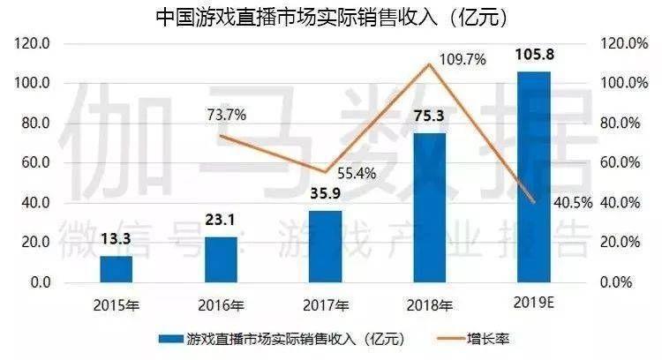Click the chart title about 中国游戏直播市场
(x=330, y=17)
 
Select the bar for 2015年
(x=116, y=269)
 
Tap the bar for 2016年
(x=221, y=259)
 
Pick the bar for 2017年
(x=325, y=247)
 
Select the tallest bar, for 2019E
(x=534, y=176)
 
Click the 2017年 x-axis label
(x=325, y=305)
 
